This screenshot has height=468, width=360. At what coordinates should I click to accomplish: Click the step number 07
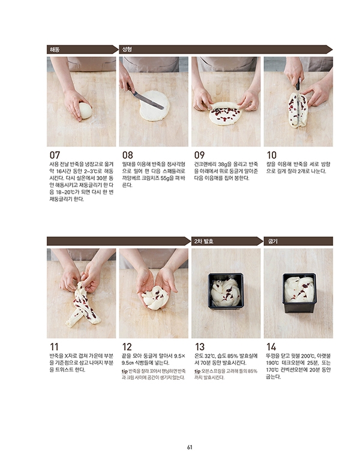click(x=55, y=155)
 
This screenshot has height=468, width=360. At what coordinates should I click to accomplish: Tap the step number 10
click(x=271, y=155)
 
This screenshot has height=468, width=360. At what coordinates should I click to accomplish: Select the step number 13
click(x=200, y=347)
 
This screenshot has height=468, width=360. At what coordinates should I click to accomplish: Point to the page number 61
click(x=190, y=447)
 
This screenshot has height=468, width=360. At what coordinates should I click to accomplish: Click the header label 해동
click(x=55, y=49)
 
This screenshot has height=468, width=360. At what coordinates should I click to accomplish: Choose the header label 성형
click(x=127, y=49)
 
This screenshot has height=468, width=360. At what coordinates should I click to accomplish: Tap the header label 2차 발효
click(x=203, y=241)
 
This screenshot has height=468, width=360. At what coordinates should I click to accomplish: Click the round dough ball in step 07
click(x=85, y=111)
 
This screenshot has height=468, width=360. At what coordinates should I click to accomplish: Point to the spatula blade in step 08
click(x=148, y=100)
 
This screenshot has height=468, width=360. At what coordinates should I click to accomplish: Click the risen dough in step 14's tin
click(x=299, y=289)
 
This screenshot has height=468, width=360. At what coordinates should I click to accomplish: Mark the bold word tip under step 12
click(x=125, y=371)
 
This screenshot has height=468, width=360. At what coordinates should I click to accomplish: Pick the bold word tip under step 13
click(x=197, y=371)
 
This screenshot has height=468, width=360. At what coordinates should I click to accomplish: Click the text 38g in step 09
click(x=223, y=164)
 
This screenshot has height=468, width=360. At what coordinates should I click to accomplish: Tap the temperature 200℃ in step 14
click(x=307, y=356)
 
